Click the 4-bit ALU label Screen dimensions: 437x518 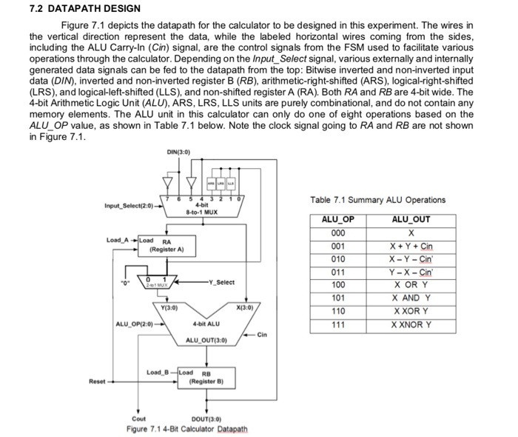204,324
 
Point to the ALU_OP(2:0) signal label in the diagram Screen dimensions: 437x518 134,324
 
